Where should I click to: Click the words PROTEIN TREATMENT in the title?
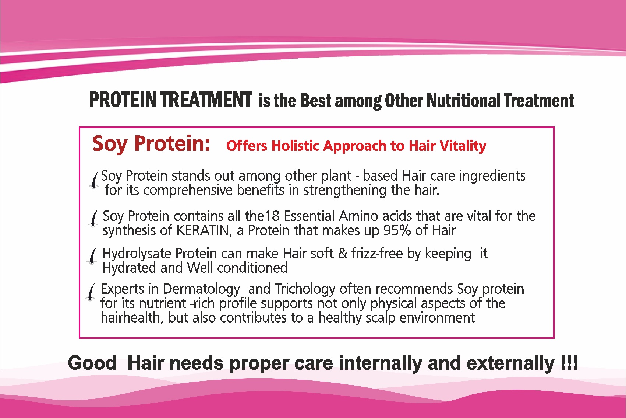[170, 100]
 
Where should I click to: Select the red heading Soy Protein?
[151, 144]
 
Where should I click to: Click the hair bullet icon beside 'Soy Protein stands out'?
[95, 180]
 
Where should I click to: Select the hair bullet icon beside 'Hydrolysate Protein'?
[92, 256]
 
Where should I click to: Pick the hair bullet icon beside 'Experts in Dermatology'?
[91, 292]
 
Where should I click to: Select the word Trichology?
[305, 289]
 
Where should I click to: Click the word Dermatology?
[202, 289]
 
